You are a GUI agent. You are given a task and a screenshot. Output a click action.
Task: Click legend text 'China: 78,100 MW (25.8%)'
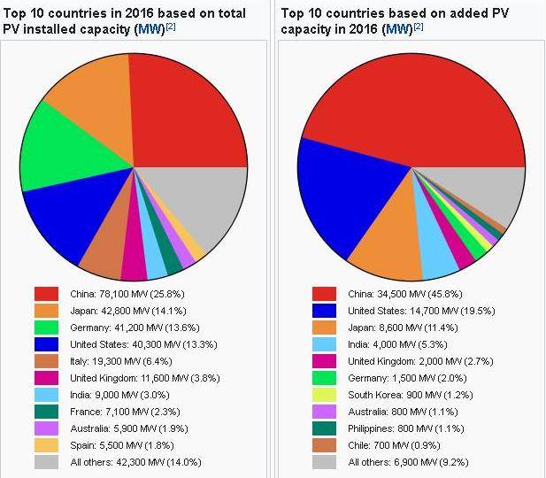(127, 293)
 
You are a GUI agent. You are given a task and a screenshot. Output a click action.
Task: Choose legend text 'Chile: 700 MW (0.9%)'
(395, 444)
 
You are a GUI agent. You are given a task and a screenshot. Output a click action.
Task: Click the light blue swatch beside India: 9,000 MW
(46, 394)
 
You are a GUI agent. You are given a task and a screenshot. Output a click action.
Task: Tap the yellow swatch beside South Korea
(324, 394)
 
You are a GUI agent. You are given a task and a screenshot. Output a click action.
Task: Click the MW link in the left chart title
(149, 30)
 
